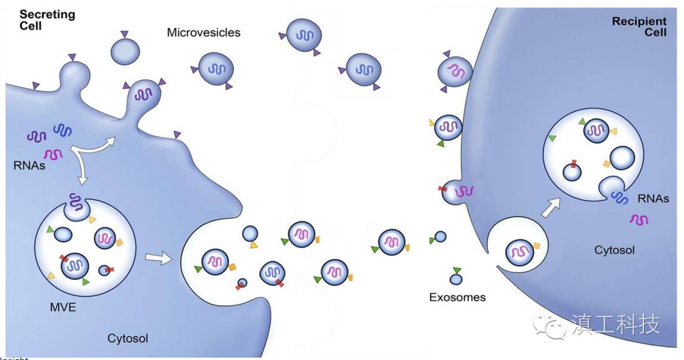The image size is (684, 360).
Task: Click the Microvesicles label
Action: (203, 32)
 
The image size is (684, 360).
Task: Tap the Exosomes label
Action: (457, 297)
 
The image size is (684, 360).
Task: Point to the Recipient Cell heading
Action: (639, 27)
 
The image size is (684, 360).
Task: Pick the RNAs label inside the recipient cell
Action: (652, 199)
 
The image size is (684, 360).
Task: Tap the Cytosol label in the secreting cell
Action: (128, 339)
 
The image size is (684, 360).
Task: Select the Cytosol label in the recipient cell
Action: (614, 250)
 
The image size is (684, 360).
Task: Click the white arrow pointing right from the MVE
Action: (158, 257)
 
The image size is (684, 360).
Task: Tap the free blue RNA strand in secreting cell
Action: (62, 129)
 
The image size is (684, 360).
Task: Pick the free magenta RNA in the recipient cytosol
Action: (639, 220)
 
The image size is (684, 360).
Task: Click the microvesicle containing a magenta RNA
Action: (455, 72)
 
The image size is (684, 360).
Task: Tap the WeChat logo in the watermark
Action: (549, 325)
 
